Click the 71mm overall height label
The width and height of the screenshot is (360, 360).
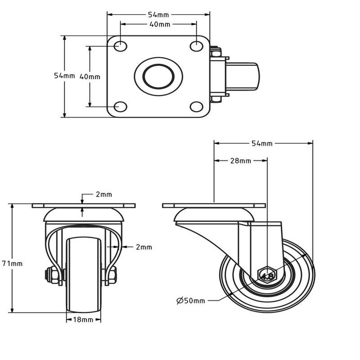(15, 263)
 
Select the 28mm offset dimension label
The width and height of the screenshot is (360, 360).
(240, 161)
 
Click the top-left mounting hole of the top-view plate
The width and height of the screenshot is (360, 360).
(121, 46)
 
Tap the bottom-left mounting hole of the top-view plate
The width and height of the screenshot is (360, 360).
(121, 106)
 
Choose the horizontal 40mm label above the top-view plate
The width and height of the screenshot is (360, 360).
(158, 24)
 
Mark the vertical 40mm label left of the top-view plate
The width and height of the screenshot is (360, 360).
(91, 76)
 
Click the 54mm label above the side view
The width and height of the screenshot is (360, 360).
(263, 143)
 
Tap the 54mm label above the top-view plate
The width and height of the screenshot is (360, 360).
(158, 14)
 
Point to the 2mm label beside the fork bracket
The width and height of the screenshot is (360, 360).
(144, 247)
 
